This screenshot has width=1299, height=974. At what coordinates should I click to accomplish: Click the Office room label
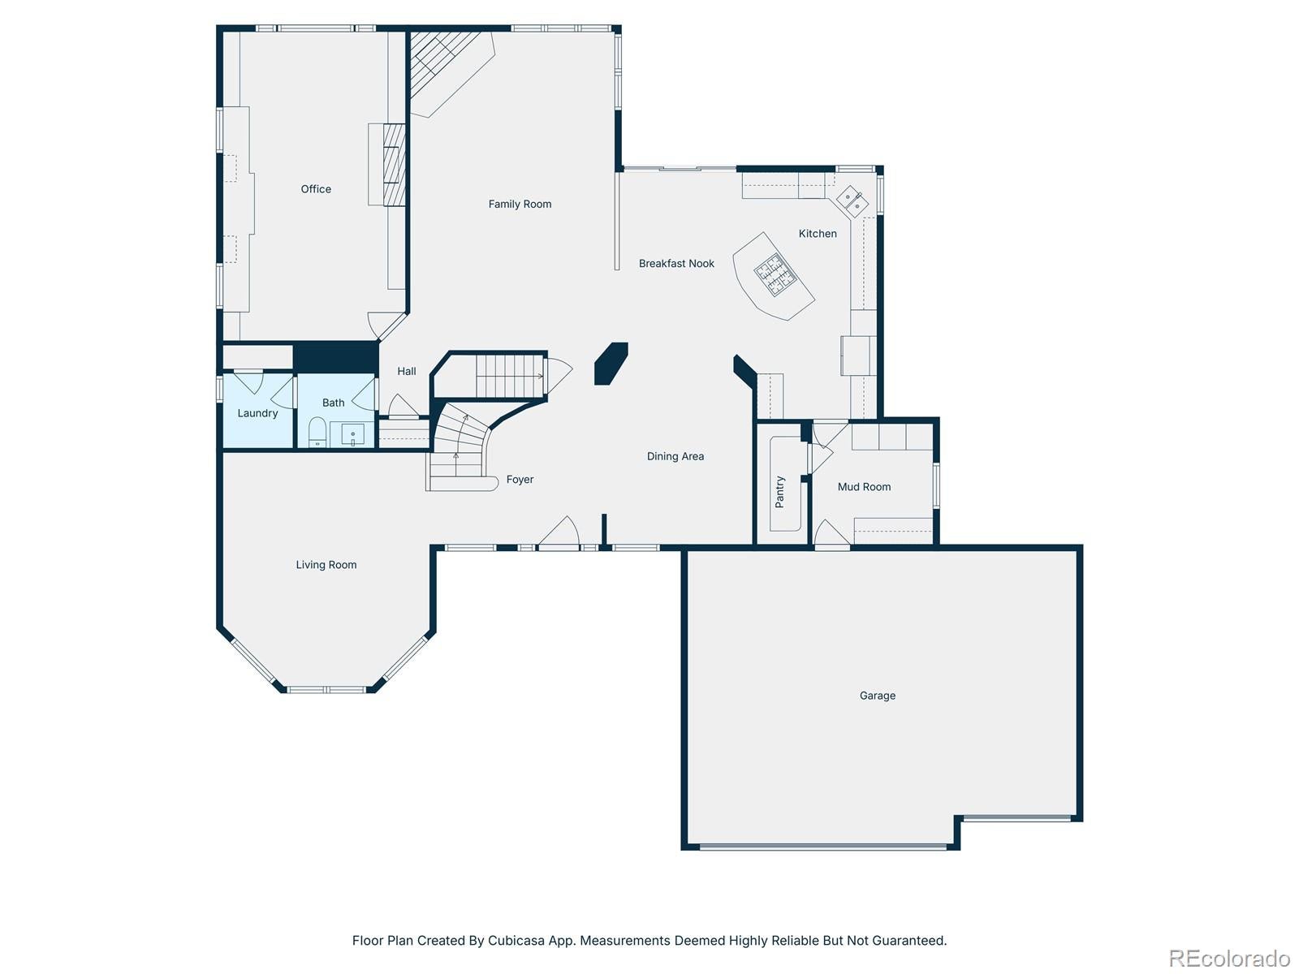click(316, 189)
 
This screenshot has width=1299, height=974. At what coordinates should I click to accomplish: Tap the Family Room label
click(520, 205)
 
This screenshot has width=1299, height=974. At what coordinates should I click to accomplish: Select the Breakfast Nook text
click(676, 264)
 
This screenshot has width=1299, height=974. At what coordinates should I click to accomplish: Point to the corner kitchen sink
click(852, 200)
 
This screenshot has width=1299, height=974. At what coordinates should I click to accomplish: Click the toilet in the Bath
click(317, 432)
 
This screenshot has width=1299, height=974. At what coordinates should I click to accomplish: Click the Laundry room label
click(257, 413)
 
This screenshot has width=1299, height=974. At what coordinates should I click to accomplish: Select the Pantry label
click(780, 492)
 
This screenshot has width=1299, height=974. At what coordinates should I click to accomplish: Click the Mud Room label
click(864, 487)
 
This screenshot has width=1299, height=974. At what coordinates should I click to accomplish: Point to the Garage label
click(878, 696)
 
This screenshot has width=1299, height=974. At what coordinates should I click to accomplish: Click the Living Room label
click(326, 565)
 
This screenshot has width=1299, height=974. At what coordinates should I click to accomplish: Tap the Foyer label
click(520, 480)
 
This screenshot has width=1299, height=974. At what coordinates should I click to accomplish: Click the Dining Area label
click(675, 456)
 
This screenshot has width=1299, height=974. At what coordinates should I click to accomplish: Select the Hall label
click(407, 371)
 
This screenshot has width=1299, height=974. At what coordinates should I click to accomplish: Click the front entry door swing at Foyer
click(559, 533)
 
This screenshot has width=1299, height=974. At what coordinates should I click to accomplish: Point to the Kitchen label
click(818, 234)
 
